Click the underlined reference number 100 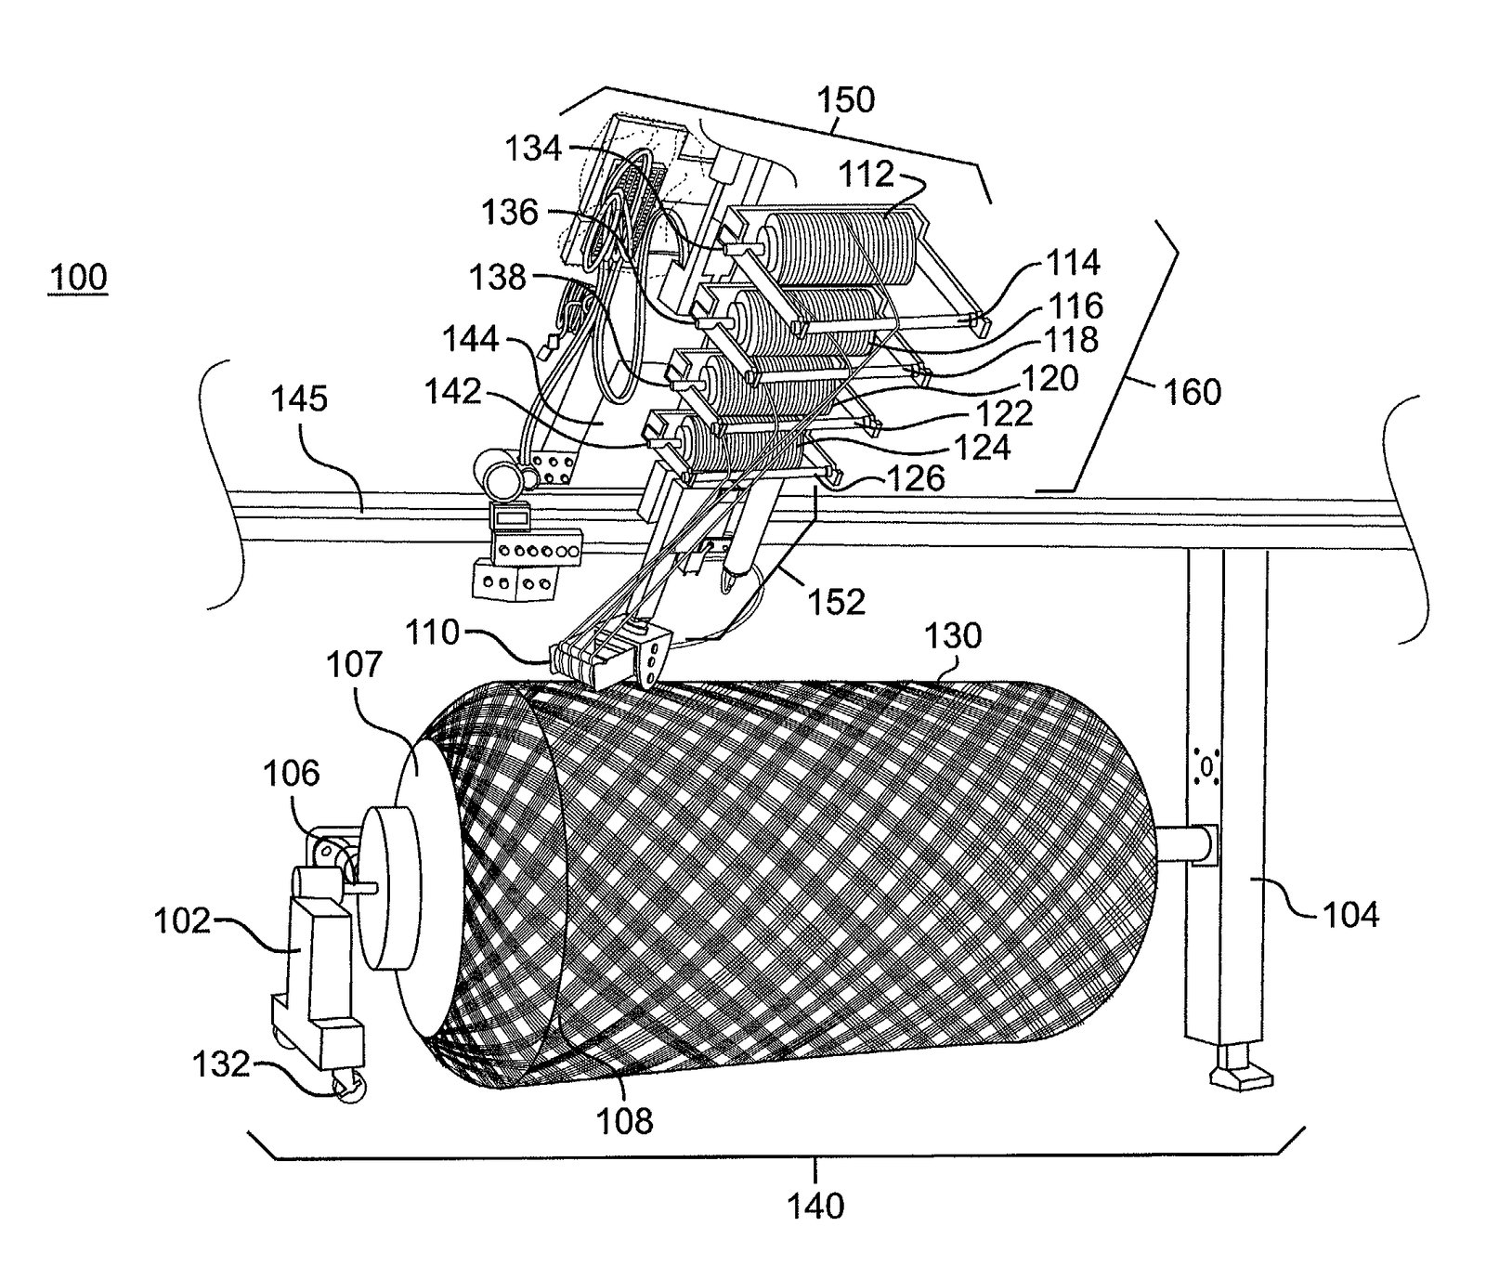(78, 278)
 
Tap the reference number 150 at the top (845, 99)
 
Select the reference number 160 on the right (1192, 392)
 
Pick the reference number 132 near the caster (222, 1064)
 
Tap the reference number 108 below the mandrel (625, 1121)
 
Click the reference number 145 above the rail (300, 399)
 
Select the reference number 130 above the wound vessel (953, 635)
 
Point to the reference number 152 (837, 602)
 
